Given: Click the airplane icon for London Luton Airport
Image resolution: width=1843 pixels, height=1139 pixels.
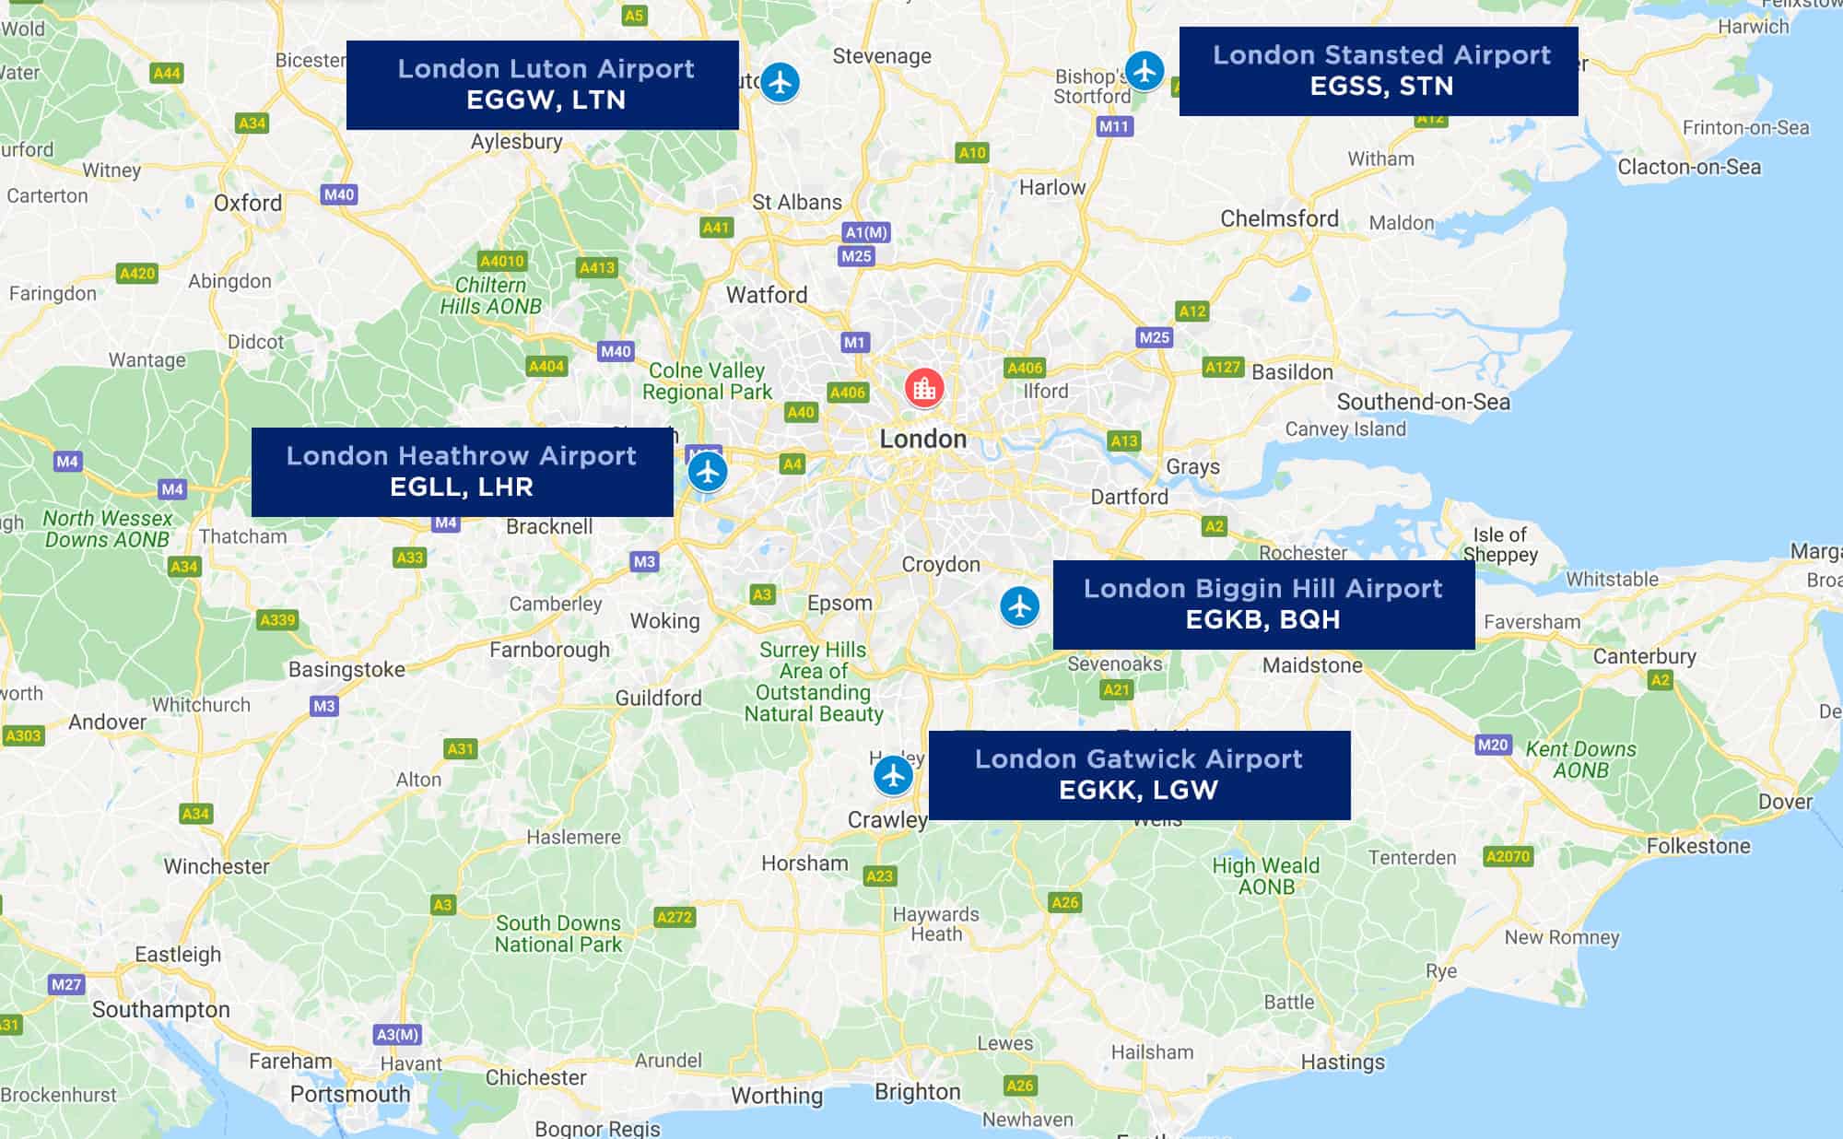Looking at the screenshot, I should [781, 82].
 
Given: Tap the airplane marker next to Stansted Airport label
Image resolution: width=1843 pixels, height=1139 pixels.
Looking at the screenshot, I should [1145, 70].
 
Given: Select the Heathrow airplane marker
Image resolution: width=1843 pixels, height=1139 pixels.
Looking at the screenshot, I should [707, 472].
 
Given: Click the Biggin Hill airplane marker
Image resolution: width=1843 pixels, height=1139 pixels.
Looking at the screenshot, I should [1019, 606].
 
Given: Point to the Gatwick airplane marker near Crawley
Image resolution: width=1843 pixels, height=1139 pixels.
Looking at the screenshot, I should [893, 775].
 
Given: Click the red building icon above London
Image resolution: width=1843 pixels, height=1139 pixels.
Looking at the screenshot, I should [923, 388].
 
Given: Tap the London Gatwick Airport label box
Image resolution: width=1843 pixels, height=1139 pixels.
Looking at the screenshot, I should [1139, 775].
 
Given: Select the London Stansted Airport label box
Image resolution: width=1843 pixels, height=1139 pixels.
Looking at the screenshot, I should [1379, 71].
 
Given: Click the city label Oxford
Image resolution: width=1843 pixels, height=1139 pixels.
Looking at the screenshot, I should [248, 203].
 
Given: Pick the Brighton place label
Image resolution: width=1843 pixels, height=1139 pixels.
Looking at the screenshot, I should [917, 1091].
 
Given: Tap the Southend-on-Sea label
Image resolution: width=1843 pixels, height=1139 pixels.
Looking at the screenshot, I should [1423, 402].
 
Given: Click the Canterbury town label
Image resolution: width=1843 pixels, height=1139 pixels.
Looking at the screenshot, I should [1644, 656].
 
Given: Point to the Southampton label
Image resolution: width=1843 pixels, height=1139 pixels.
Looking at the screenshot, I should [161, 1009].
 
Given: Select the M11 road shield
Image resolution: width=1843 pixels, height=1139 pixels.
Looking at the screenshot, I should [1114, 126].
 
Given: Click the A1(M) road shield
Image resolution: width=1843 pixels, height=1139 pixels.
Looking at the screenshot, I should [866, 232].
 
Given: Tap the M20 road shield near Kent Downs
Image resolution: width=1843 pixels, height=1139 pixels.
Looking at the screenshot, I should [1492, 745].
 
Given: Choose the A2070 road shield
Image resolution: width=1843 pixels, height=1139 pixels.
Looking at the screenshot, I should [1508, 856].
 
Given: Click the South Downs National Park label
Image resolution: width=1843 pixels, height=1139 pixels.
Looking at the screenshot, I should [558, 934].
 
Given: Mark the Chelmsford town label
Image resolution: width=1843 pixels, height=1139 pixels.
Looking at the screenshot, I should [1279, 218].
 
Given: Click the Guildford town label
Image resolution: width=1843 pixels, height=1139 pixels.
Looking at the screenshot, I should [658, 698].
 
